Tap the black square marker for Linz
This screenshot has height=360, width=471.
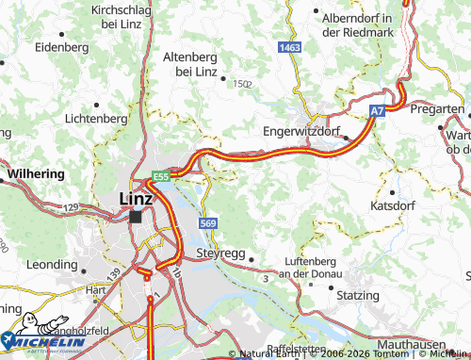(x=137, y=217)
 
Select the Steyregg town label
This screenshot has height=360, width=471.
(x=219, y=254)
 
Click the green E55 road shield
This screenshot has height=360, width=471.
(x=161, y=176)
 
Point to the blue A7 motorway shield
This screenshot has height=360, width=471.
(x=377, y=111)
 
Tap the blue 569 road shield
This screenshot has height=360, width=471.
(x=208, y=222)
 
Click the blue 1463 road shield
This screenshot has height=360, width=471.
(x=290, y=46)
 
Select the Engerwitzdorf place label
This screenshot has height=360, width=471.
(x=306, y=131)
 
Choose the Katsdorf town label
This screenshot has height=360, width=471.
(x=395, y=205)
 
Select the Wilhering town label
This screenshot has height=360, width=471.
(x=35, y=174)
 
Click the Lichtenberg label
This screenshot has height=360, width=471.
(x=96, y=119)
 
